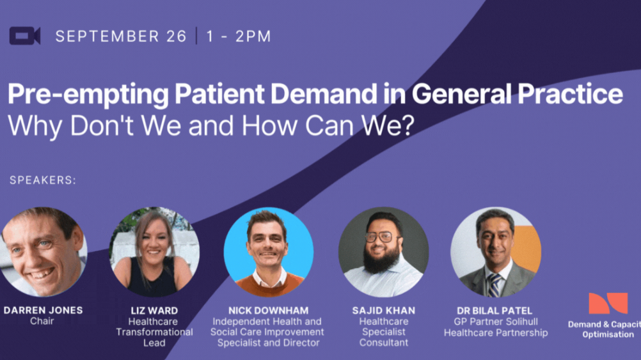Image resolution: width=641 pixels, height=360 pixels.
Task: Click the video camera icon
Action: (x=24, y=36)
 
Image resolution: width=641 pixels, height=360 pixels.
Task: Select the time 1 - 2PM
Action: (x=238, y=36)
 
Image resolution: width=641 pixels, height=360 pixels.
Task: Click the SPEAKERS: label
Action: (x=43, y=180)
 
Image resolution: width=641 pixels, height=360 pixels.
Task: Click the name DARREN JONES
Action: (x=43, y=310)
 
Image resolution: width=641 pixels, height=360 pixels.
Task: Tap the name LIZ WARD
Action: (x=154, y=311)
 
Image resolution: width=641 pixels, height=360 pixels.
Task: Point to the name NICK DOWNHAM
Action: (x=268, y=311)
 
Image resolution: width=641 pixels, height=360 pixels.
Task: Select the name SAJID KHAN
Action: (x=383, y=311)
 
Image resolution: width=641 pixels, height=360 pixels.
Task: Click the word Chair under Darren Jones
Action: (x=42, y=321)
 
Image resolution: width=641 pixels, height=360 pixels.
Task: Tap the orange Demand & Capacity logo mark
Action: (x=607, y=303)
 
